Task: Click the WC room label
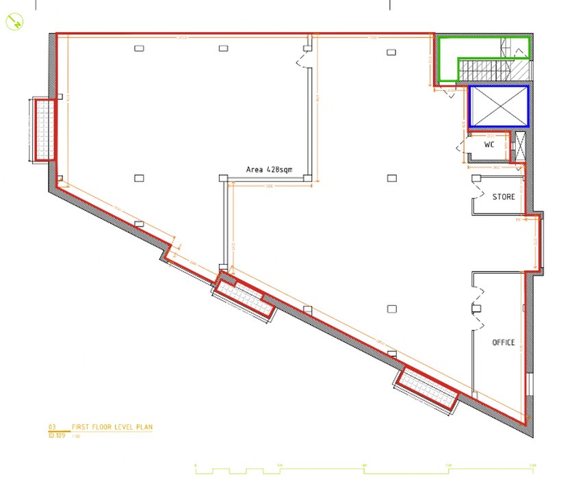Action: tap(489, 145)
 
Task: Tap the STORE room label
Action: tap(504, 197)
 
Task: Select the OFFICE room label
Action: tap(504, 342)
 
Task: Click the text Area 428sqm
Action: tap(270, 168)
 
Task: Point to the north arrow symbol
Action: tap(14, 22)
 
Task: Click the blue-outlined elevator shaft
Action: tap(499, 106)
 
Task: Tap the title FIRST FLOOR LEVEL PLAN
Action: tap(112, 427)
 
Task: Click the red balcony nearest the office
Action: tap(429, 389)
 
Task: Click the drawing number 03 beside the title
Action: tap(51, 427)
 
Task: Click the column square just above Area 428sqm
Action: tap(223, 179)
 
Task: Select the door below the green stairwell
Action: tap(449, 91)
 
